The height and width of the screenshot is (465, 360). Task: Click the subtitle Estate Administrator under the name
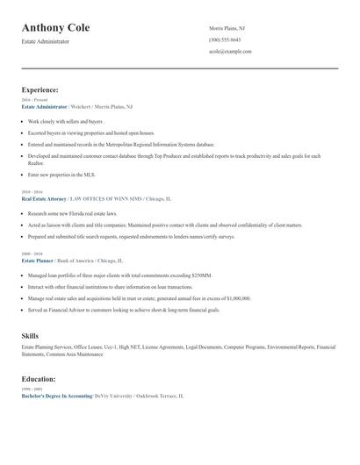click(x=46, y=41)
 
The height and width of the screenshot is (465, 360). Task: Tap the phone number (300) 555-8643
click(x=225, y=40)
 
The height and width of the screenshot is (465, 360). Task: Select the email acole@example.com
click(x=230, y=52)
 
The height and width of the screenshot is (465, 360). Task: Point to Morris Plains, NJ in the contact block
click(x=228, y=29)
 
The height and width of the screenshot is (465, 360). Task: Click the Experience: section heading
click(x=40, y=89)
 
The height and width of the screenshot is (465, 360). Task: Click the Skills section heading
click(x=30, y=335)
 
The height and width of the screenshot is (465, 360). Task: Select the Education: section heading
click(x=39, y=378)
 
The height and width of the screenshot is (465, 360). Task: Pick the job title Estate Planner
click(x=38, y=261)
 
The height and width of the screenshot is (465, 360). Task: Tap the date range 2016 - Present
click(x=32, y=100)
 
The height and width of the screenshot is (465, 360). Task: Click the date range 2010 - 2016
click(x=32, y=191)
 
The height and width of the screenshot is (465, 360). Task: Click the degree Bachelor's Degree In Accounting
click(x=57, y=397)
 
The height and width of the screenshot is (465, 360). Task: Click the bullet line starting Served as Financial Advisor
click(x=124, y=310)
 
